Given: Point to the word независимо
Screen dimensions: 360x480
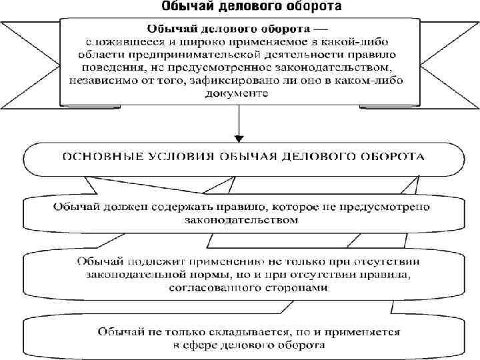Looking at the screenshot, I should pos(101,81).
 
